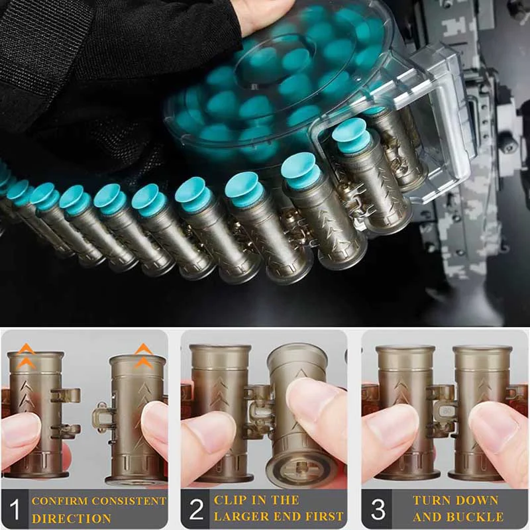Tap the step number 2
click(x=195, y=509)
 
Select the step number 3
click(x=377, y=509)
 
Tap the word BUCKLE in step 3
click(x=477, y=517)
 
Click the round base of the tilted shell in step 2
click(x=297, y=467)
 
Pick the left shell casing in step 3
click(x=405, y=411)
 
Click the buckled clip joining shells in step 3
click(x=443, y=411)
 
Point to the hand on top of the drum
click(x=262, y=13)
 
